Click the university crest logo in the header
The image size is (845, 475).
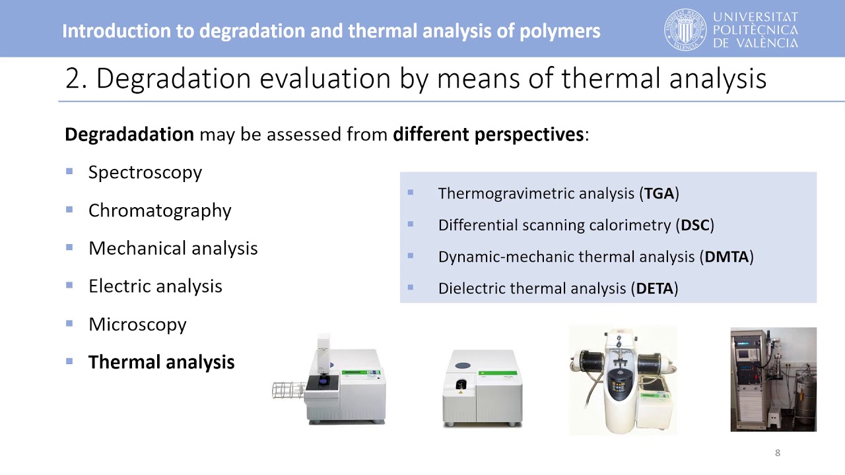pyautogui.click(x=685, y=30)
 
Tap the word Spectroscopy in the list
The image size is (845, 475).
pyautogui.click(x=145, y=173)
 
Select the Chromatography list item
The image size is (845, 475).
pyautogui.click(x=160, y=211)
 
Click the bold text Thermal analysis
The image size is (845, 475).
pyautogui.click(x=161, y=362)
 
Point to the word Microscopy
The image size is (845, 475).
pyautogui.click(x=137, y=325)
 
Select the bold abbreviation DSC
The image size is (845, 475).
pyautogui.click(x=695, y=225)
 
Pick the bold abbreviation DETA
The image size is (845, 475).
pyautogui.click(x=654, y=288)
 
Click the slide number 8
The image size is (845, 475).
pyautogui.click(x=778, y=453)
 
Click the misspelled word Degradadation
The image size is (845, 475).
pyautogui.click(x=129, y=135)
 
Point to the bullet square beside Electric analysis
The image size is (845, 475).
pyautogui.click(x=69, y=286)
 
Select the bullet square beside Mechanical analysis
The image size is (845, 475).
pyautogui.click(x=69, y=247)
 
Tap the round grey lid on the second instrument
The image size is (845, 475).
pyautogui.click(x=463, y=365)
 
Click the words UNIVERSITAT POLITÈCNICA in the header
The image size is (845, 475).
pyautogui.click(x=756, y=24)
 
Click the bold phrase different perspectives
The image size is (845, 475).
pyautogui.click(x=488, y=135)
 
